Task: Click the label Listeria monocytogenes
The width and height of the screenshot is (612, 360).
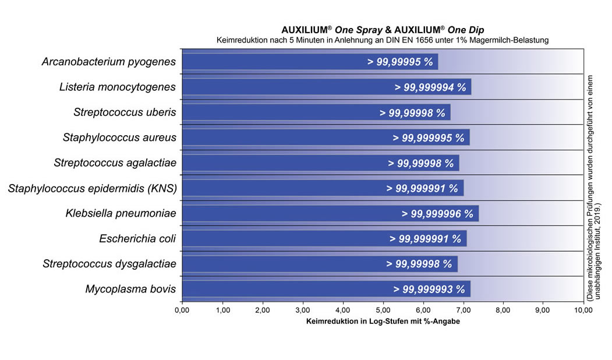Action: (x=118, y=87)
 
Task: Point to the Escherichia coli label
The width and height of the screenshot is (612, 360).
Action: (x=137, y=238)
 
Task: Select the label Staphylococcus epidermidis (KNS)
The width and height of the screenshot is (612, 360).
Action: (x=92, y=188)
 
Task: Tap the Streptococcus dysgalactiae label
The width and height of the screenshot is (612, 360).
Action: (x=109, y=264)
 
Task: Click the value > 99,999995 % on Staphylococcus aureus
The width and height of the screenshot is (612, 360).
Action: (x=429, y=138)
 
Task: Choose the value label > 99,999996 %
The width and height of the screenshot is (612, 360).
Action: (x=437, y=214)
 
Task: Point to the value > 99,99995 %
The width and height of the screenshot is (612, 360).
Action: (x=399, y=62)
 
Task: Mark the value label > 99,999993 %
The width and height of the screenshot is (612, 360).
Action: (x=429, y=290)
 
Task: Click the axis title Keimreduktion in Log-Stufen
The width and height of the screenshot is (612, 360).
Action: (x=383, y=322)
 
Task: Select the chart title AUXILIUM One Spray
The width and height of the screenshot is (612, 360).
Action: (x=383, y=29)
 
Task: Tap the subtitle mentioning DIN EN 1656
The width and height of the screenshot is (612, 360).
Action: (x=383, y=40)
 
